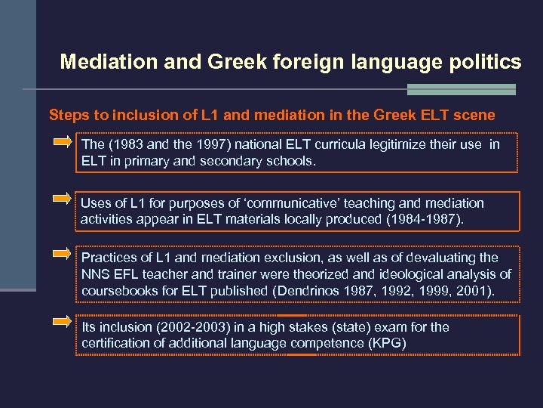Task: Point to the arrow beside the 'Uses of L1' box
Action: click(63, 199)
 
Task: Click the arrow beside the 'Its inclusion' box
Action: click(63, 321)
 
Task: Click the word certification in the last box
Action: click(115, 344)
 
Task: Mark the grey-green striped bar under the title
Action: click(461, 89)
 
